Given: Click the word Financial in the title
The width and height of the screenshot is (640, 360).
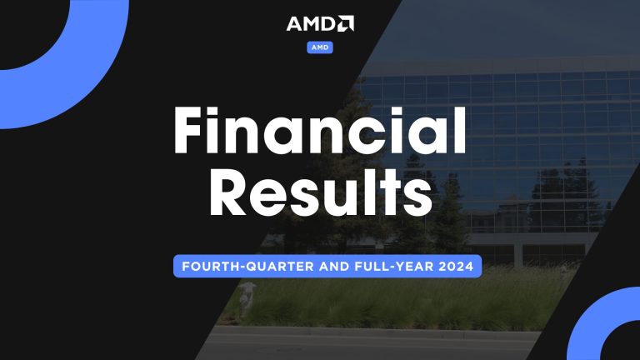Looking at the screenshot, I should [319, 132].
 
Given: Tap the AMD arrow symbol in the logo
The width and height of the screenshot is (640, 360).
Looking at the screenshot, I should [346, 23].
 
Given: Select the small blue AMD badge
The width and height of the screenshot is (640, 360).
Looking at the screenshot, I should [320, 47].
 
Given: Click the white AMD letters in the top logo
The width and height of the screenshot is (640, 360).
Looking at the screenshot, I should [311, 23].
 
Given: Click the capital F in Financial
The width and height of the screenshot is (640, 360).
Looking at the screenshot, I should [192, 132].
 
